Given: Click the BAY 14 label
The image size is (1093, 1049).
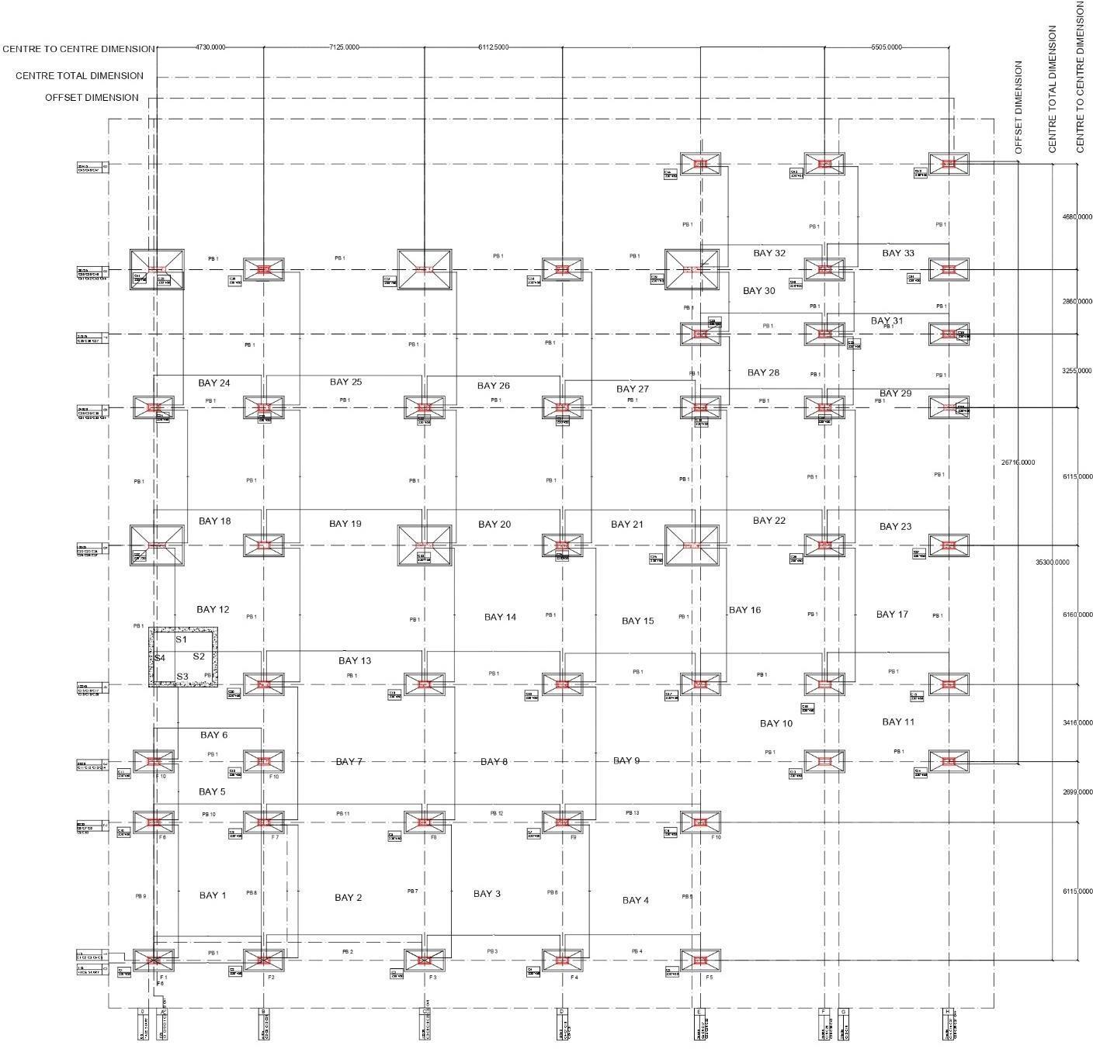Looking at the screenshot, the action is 500,617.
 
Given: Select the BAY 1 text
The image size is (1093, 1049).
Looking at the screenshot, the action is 213,895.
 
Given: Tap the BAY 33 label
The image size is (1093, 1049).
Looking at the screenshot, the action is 898,253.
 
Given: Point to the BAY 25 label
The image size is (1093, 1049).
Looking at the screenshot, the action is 345,382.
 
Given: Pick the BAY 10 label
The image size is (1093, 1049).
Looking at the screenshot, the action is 776,723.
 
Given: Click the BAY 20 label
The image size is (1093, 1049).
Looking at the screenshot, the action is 494,524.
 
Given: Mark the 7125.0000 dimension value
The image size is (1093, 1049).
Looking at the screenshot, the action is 344,47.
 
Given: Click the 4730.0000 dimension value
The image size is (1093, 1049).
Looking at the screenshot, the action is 210,47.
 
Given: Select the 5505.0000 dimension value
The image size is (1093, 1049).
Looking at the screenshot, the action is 887,47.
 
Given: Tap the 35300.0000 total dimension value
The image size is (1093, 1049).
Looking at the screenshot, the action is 1052,562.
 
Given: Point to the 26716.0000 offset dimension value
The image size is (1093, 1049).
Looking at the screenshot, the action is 1018,462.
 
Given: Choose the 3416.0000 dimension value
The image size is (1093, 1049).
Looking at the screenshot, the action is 1077,722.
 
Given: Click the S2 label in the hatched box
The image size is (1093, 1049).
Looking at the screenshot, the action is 199,656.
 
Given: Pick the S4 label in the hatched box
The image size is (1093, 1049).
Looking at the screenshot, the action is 159,658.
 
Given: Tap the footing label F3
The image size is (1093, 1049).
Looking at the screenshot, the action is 433,978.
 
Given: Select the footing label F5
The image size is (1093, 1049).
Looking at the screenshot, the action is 709,978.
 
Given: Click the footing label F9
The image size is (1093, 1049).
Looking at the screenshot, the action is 573,838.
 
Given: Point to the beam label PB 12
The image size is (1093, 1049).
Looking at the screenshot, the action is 497,813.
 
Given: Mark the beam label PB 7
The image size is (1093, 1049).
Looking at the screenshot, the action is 412,891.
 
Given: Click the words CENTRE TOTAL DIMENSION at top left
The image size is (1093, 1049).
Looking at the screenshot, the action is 79,76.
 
